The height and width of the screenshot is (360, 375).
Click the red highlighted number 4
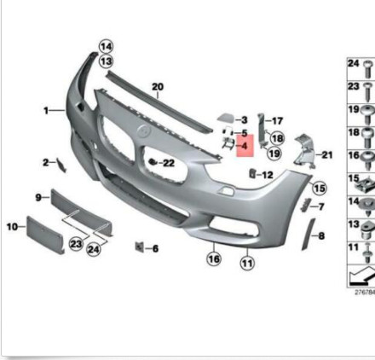click(x=244, y=147)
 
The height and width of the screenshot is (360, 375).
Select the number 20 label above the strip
click(x=157, y=87)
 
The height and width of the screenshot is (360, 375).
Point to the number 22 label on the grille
click(x=168, y=162)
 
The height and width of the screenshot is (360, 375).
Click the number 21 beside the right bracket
click(x=327, y=154)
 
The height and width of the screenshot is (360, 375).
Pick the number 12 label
click(x=267, y=175)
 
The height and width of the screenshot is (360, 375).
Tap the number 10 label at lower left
click(x=12, y=227)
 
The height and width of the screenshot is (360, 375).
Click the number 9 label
click(x=38, y=198)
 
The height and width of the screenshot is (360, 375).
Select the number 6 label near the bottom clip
click(x=155, y=249)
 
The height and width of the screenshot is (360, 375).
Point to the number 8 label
click(x=320, y=232)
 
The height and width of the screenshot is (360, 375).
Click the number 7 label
click(x=320, y=206)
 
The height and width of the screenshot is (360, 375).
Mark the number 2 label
click(x=45, y=161)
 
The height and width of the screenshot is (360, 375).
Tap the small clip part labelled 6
click(x=137, y=247)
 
